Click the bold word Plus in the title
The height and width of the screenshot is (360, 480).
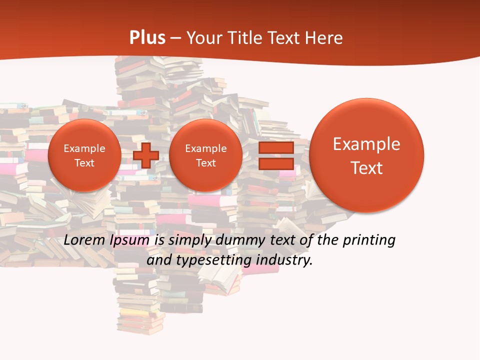pos(147,38)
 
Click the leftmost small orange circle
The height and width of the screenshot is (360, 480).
pos(84,155)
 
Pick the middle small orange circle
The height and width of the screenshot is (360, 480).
pos(205,155)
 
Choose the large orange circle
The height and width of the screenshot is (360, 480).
pos(366,155)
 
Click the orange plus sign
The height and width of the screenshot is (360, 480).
pos(145,155)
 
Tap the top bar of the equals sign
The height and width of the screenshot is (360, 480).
pos(276,148)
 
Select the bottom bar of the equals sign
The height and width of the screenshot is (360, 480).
pos(276,163)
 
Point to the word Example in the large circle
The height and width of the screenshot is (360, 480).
pos(366,144)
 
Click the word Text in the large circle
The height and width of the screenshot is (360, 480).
pos(366,168)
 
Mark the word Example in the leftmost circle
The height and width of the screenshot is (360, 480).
pos(84,148)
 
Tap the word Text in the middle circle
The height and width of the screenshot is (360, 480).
pos(205,163)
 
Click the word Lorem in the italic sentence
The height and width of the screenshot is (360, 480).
pos(84,240)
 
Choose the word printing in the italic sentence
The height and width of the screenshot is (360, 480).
pos(368,240)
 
